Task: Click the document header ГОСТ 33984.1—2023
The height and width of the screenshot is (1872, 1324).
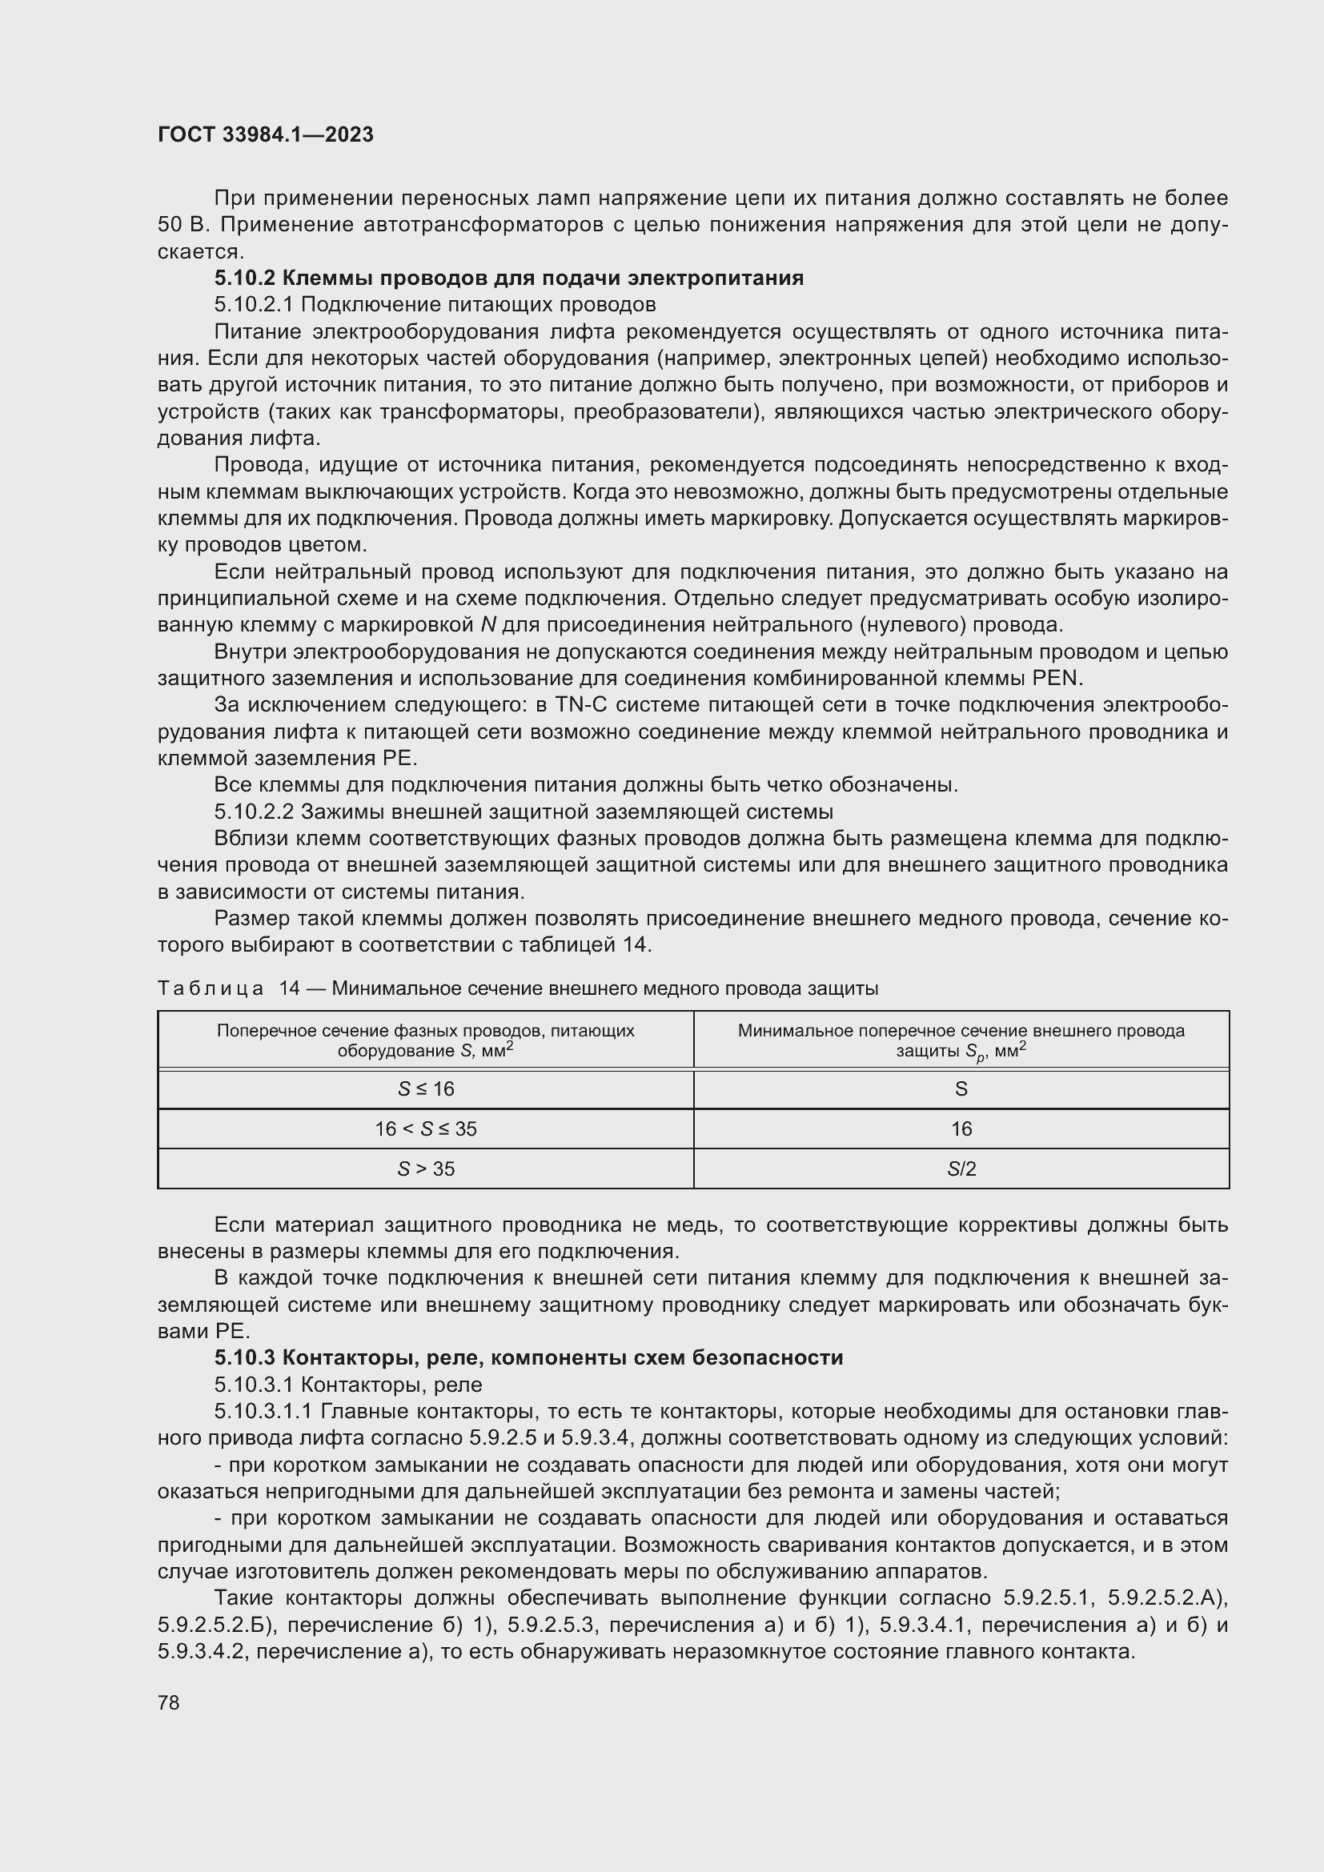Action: pyautogui.click(x=265, y=134)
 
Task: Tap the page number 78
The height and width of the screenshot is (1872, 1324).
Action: pyautogui.click(x=169, y=1702)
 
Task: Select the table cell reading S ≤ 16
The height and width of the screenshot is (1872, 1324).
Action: pyautogui.click(x=426, y=1089)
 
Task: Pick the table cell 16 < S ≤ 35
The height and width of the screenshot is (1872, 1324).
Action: pyautogui.click(x=426, y=1129)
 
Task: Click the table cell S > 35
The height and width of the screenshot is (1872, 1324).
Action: pyautogui.click(x=426, y=1169)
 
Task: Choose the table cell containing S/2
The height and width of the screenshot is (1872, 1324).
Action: pyautogui.click(x=961, y=1169)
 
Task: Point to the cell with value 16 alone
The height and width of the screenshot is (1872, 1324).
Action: pyautogui.click(x=961, y=1129)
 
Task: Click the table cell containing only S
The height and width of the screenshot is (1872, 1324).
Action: pyautogui.click(x=961, y=1089)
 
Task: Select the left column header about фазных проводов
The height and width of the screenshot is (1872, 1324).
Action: pyautogui.click(x=426, y=1040)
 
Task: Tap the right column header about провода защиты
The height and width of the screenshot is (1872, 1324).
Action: pyautogui.click(x=961, y=1040)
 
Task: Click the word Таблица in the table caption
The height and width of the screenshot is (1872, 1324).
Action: pyautogui.click(x=211, y=989)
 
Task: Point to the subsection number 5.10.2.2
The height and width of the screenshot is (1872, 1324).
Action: pyautogui.click(x=255, y=812)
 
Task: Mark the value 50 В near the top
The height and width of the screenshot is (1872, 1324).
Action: pyautogui.click(x=179, y=225)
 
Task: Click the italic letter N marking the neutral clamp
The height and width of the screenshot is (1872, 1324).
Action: pyautogui.click(x=488, y=625)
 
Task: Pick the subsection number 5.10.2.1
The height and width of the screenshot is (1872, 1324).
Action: pyautogui.click(x=255, y=305)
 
